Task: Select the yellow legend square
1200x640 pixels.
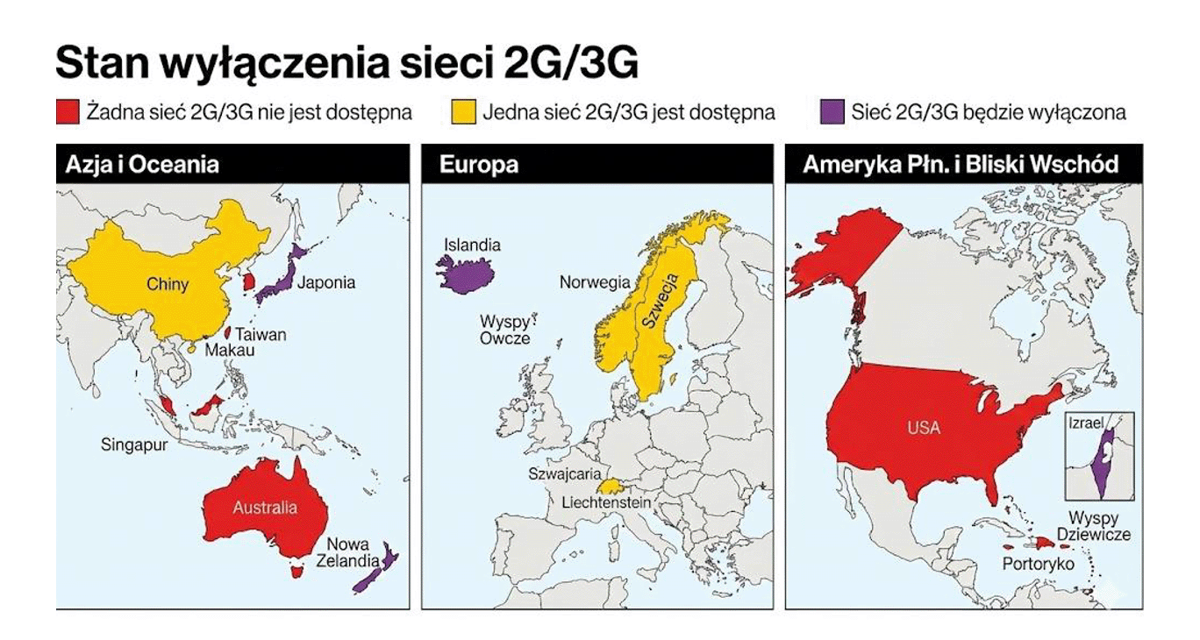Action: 464,112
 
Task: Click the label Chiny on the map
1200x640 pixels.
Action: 168,284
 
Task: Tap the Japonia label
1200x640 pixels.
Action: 326,282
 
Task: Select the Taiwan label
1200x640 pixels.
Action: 261,335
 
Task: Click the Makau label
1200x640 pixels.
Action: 229,351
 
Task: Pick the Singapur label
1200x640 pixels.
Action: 133,444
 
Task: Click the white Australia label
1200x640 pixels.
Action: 265,508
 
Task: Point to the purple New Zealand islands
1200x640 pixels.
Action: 375,572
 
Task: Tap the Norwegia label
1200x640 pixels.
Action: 595,282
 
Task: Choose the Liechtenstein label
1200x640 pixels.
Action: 606,503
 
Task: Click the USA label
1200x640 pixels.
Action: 923,428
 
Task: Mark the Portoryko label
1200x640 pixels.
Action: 1038,565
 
